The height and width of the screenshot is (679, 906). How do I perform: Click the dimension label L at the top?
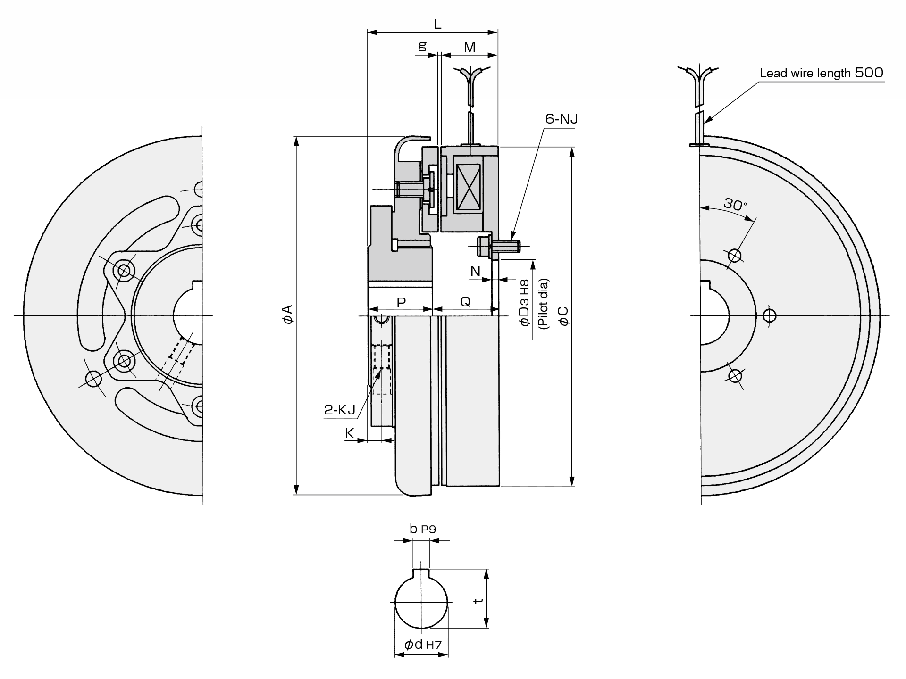click(437, 24)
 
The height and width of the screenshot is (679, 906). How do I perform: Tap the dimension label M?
click(470, 47)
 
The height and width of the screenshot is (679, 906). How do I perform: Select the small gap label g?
click(422, 46)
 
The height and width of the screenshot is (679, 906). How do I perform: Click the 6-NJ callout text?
click(562, 119)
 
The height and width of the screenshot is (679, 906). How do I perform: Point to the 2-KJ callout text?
click(339, 410)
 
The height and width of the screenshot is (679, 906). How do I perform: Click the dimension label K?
click(350, 433)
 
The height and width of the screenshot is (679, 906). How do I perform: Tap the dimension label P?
click(401, 302)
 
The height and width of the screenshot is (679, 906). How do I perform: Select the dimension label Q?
click(465, 302)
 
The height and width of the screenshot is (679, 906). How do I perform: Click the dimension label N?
click(475, 271)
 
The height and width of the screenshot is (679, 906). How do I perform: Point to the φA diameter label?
click(288, 314)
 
